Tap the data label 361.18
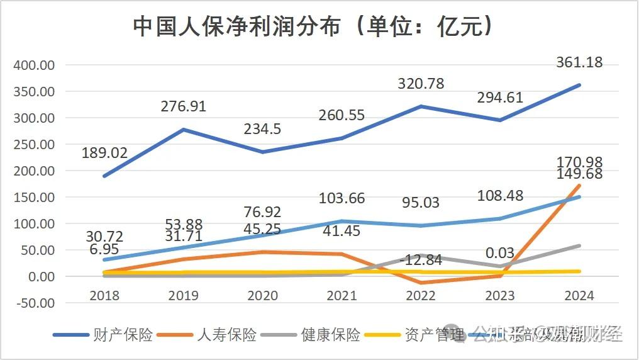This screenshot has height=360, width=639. tap(579, 62)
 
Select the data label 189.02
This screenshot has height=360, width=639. tap(104, 153)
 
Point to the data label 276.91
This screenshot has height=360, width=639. tap(184, 106)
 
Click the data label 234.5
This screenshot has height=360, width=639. tap(263, 129)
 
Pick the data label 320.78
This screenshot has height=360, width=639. tap(421, 84)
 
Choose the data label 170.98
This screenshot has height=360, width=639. tap(579, 162)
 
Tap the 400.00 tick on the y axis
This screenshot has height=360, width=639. tap(35, 65)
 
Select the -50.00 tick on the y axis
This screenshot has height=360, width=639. tap(35, 303)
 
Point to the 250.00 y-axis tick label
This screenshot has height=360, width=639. tap(35, 144)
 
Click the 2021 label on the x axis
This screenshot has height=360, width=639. tap(342, 296)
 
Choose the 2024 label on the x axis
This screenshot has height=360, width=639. tap(579, 296)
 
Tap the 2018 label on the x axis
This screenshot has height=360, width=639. tap(104, 296)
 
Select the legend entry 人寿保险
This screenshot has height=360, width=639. tap(226, 335)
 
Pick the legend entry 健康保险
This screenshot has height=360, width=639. tap(330, 335)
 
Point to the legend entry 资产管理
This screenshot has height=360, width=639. tap(434, 335)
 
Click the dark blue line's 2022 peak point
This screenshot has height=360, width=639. tap(421, 106)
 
